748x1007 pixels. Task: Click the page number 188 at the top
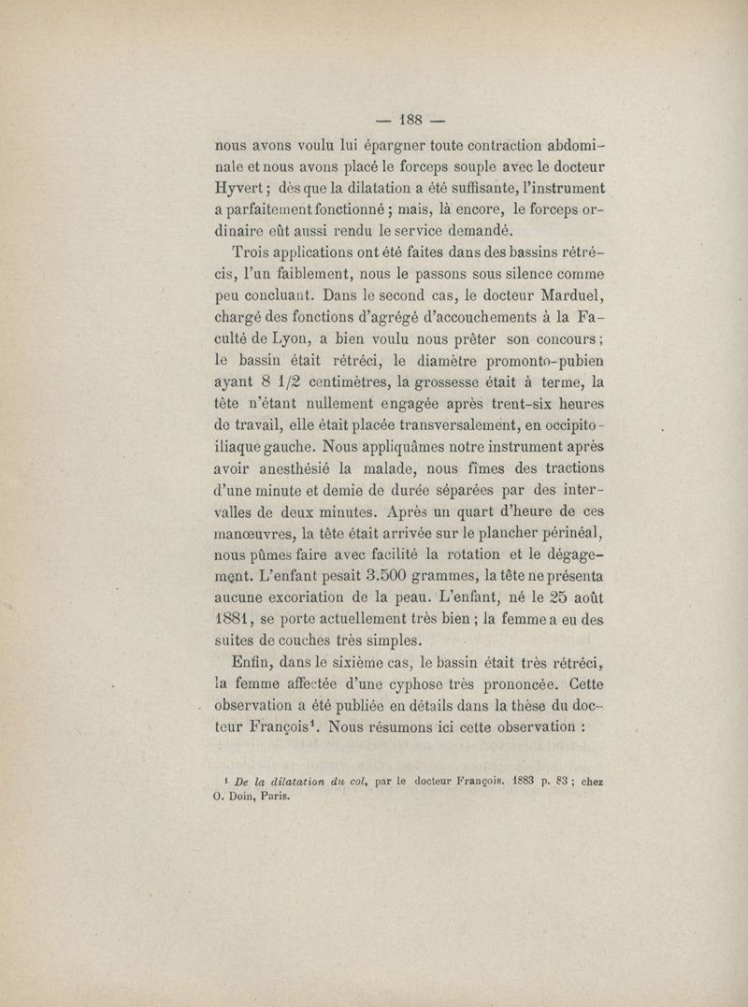pos(411,119)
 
